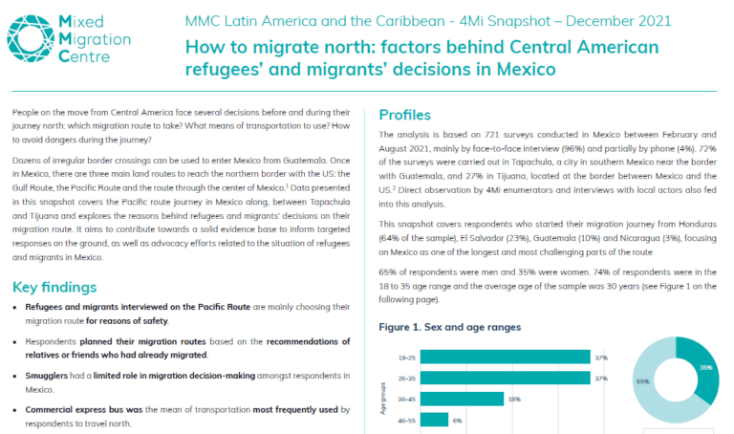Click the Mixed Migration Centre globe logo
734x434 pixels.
[31, 38]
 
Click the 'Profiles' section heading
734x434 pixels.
[405, 115]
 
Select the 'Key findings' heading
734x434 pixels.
[54, 287]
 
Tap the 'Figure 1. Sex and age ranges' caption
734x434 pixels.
[450, 327]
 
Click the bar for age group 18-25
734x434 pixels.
[505, 358]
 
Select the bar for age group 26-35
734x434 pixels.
[505, 378]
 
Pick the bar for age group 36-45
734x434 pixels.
[462, 399]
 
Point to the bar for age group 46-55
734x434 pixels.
[435, 420]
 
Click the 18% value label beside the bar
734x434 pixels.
[514, 400]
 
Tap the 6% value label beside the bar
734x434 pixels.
[458, 421]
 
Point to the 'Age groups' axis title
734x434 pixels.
[383, 399]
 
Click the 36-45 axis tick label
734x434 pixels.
[406, 400]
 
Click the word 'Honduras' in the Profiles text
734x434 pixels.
[697, 224]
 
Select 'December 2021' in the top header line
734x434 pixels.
[618, 21]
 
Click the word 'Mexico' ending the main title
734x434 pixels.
[527, 69]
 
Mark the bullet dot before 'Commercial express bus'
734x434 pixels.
[15, 410]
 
